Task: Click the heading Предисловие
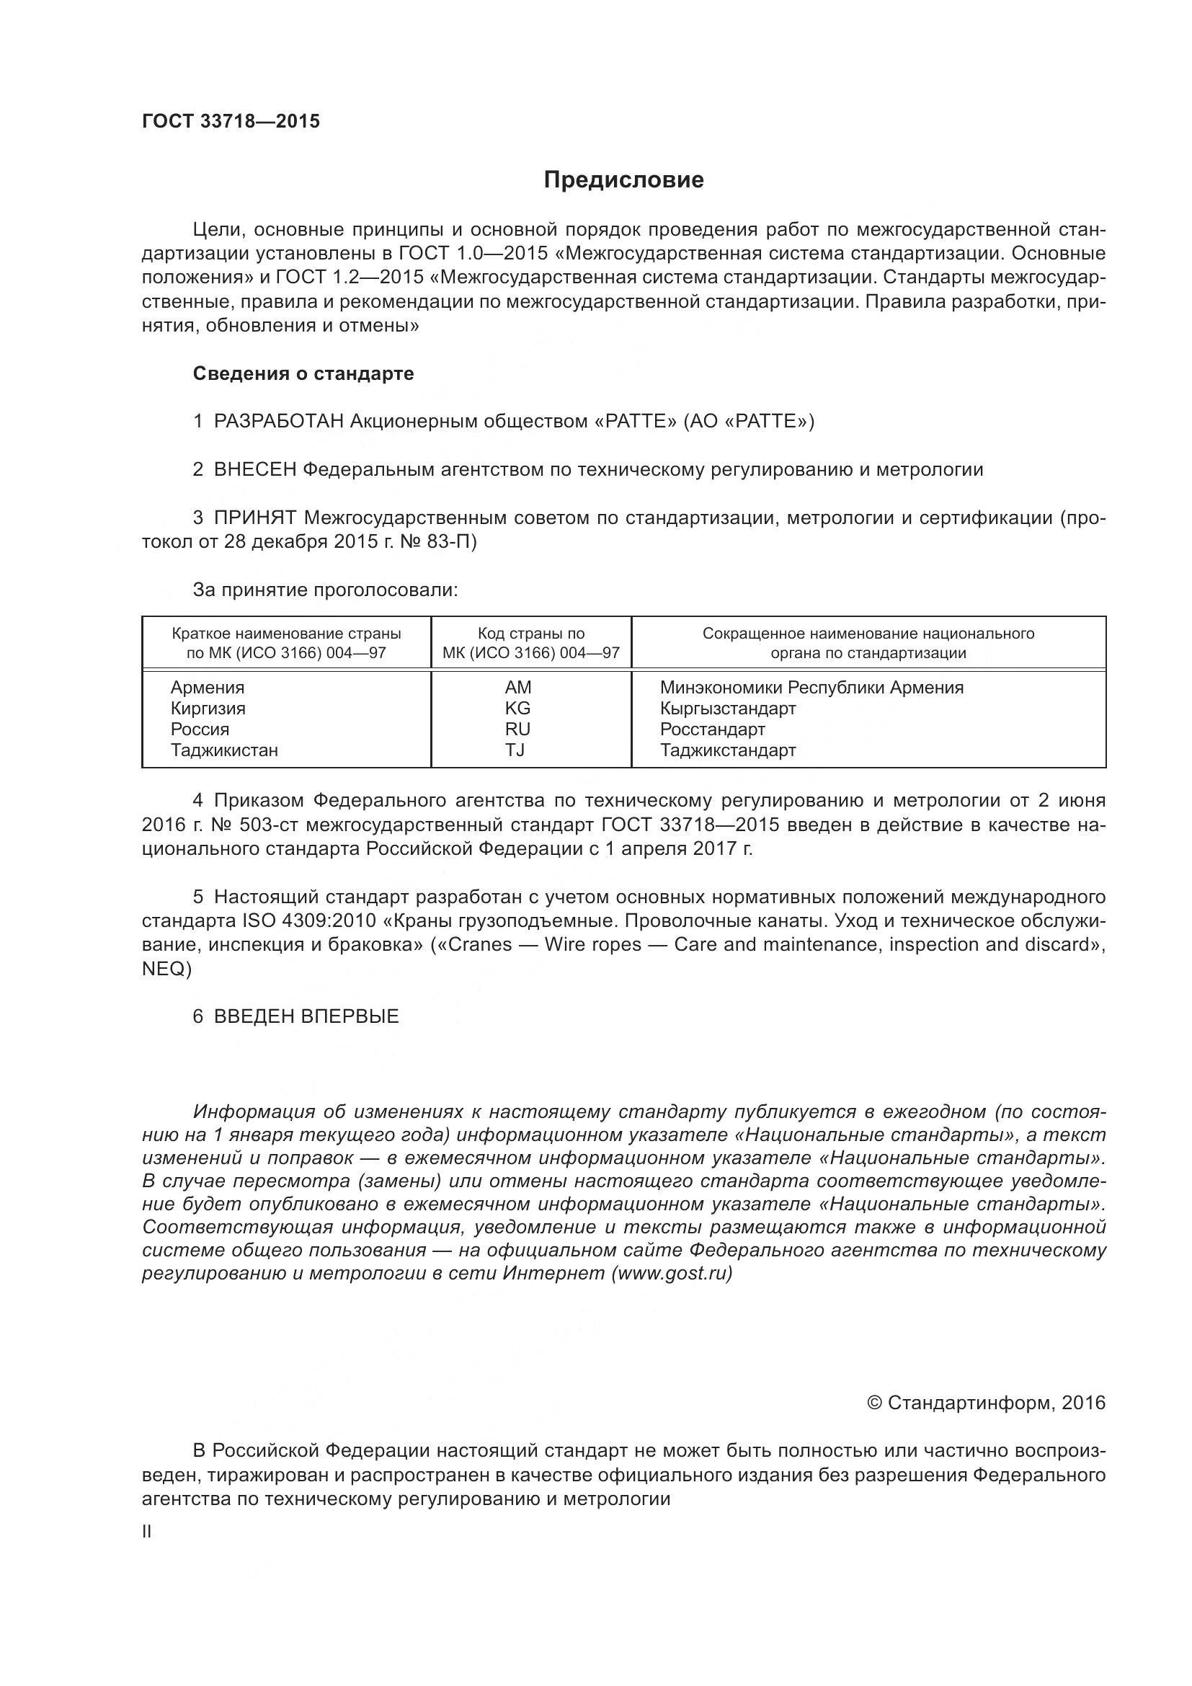click(623, 180)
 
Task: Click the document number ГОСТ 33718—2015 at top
click(231, 122)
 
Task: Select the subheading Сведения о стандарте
click(303, 374)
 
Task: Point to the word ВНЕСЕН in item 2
click(254, 470)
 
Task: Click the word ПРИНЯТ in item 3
click(254, 518)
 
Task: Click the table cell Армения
click(208, 688)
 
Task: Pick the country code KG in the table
click(517, 709)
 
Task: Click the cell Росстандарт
click(712, 730)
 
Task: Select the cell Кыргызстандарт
click(727, 709)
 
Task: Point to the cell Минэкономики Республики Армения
click(811, 688)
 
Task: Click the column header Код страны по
click(530, 634)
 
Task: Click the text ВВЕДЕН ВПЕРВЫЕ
click(306, 1017)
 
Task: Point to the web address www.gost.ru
click(671, 1273)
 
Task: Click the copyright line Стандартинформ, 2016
click(986, 1403)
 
